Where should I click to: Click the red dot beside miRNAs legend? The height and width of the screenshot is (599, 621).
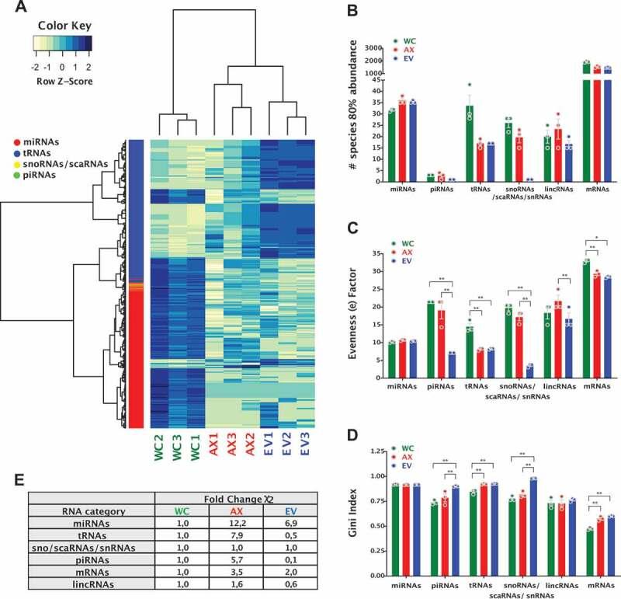(x=16, y=142)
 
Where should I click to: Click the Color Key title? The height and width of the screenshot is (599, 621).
(x=61, y=24)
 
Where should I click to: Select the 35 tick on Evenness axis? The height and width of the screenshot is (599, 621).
(x=378, y=253)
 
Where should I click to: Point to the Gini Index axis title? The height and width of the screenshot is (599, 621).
(x=354, y=513)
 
